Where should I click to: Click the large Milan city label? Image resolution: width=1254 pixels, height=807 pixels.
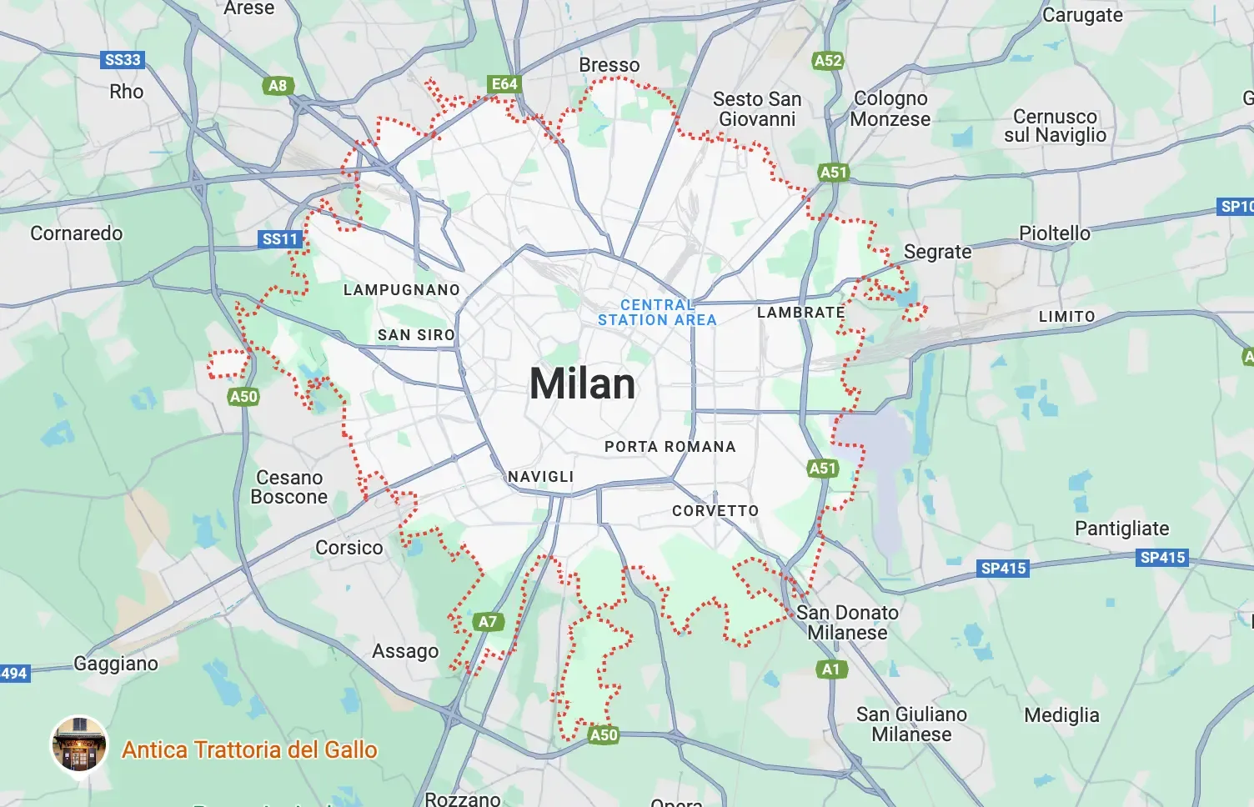click(x=583, y=384)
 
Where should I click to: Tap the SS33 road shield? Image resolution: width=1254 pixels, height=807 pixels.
click(x=123, y=60)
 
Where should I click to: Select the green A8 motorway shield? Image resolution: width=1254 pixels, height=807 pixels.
click(x=278, y=85)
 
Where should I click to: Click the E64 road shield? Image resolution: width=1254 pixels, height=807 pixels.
click(x=504, y=84)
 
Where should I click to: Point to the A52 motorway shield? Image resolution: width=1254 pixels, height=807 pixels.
click(x=828, y=61)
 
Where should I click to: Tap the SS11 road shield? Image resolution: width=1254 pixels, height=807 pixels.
click(x=280, y=239)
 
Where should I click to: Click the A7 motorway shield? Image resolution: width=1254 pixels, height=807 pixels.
click(x=488, y=621)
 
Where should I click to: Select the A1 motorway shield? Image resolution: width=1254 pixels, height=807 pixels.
click(x=831, y=669)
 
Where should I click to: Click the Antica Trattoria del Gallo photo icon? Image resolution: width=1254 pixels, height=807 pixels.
click(x=79, y=744)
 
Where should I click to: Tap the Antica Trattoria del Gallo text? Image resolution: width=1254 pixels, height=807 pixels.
click(x=249, y=749)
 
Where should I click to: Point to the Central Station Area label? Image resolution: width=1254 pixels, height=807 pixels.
click(x=657, y=313)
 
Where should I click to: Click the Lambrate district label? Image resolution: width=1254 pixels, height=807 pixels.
click(x=800, y=313)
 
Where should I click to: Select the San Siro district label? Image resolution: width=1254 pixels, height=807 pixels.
click(x=416, y=335)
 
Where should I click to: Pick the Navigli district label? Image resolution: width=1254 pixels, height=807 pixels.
click(x=541, y=477)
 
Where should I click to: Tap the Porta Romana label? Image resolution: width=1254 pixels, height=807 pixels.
click(x=670, y=447)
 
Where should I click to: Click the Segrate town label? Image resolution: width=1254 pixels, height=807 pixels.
click(x=937, y=252)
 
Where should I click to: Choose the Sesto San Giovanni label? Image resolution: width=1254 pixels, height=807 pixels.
click(x=757, y=109)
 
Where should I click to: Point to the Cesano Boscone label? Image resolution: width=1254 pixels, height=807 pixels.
click(x=289, y=487)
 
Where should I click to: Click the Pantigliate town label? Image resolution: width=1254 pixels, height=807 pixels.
click(x=1121, y=529)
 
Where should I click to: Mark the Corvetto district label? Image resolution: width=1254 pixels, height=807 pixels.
click(x=715, y=511)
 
